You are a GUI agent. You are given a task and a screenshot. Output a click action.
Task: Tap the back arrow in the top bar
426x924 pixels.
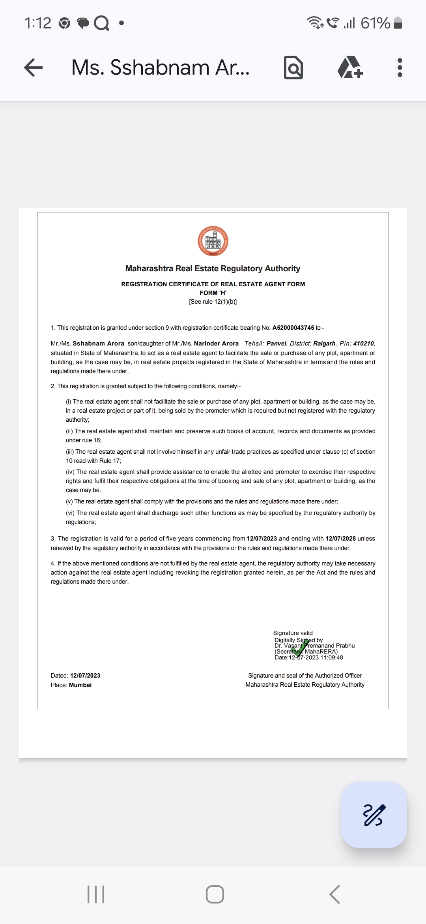34,68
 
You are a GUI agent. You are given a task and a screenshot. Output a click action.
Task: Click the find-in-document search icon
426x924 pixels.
293,68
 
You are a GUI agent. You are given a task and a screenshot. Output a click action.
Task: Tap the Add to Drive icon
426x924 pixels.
350,68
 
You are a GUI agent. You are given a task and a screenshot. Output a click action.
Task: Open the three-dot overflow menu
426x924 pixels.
400,68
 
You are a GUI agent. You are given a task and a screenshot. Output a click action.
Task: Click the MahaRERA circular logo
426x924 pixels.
213,241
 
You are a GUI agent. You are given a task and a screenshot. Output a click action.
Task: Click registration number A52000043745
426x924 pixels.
293,328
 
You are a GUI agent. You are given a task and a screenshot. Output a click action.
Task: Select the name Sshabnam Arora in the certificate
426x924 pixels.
98,344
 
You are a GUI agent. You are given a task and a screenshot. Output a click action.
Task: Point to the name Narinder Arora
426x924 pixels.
216,344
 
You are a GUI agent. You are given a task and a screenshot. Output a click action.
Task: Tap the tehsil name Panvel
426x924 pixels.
276,344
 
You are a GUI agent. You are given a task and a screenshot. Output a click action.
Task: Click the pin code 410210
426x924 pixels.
363,344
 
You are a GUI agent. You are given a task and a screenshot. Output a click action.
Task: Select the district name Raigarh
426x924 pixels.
324,344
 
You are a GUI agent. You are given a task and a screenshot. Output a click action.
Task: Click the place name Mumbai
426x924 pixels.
80,685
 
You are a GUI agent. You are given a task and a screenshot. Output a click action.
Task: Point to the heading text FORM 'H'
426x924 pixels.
213,293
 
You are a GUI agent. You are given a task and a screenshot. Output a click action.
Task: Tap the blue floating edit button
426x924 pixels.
374,815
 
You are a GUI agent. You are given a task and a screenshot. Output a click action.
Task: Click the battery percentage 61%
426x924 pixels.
375,23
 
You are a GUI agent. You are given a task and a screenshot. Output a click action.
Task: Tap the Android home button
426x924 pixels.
215,894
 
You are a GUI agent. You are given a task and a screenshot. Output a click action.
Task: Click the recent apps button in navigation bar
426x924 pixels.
96,894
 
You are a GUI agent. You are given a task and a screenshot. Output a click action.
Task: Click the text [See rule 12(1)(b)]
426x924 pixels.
213,302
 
